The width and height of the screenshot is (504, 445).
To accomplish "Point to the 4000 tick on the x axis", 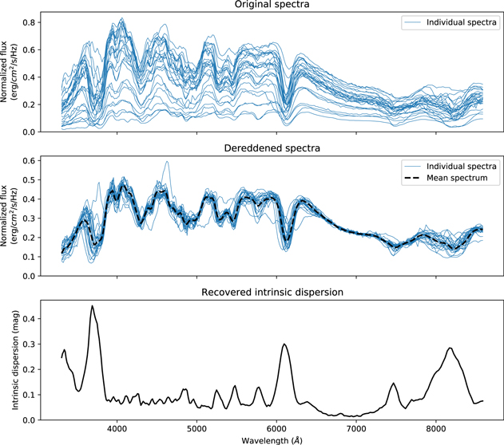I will [x=117, y=427].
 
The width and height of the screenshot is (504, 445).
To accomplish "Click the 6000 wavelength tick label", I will [x=276, y=427].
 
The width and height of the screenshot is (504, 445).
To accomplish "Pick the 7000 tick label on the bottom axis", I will [x=356, y=427].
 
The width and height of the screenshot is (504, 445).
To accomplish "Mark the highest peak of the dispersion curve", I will [x=93, y=306].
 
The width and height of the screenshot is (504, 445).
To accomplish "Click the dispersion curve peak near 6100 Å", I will [x=284, y=345].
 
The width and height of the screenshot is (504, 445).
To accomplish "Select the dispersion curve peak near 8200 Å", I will [x=450, y=348].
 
